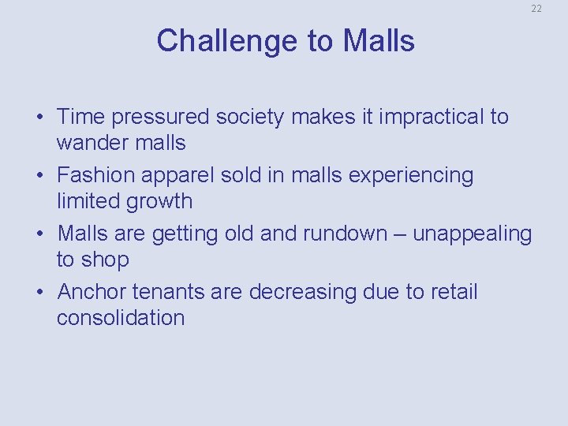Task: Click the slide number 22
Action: [x=536, y=9]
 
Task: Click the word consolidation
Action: [x=121, y=318]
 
